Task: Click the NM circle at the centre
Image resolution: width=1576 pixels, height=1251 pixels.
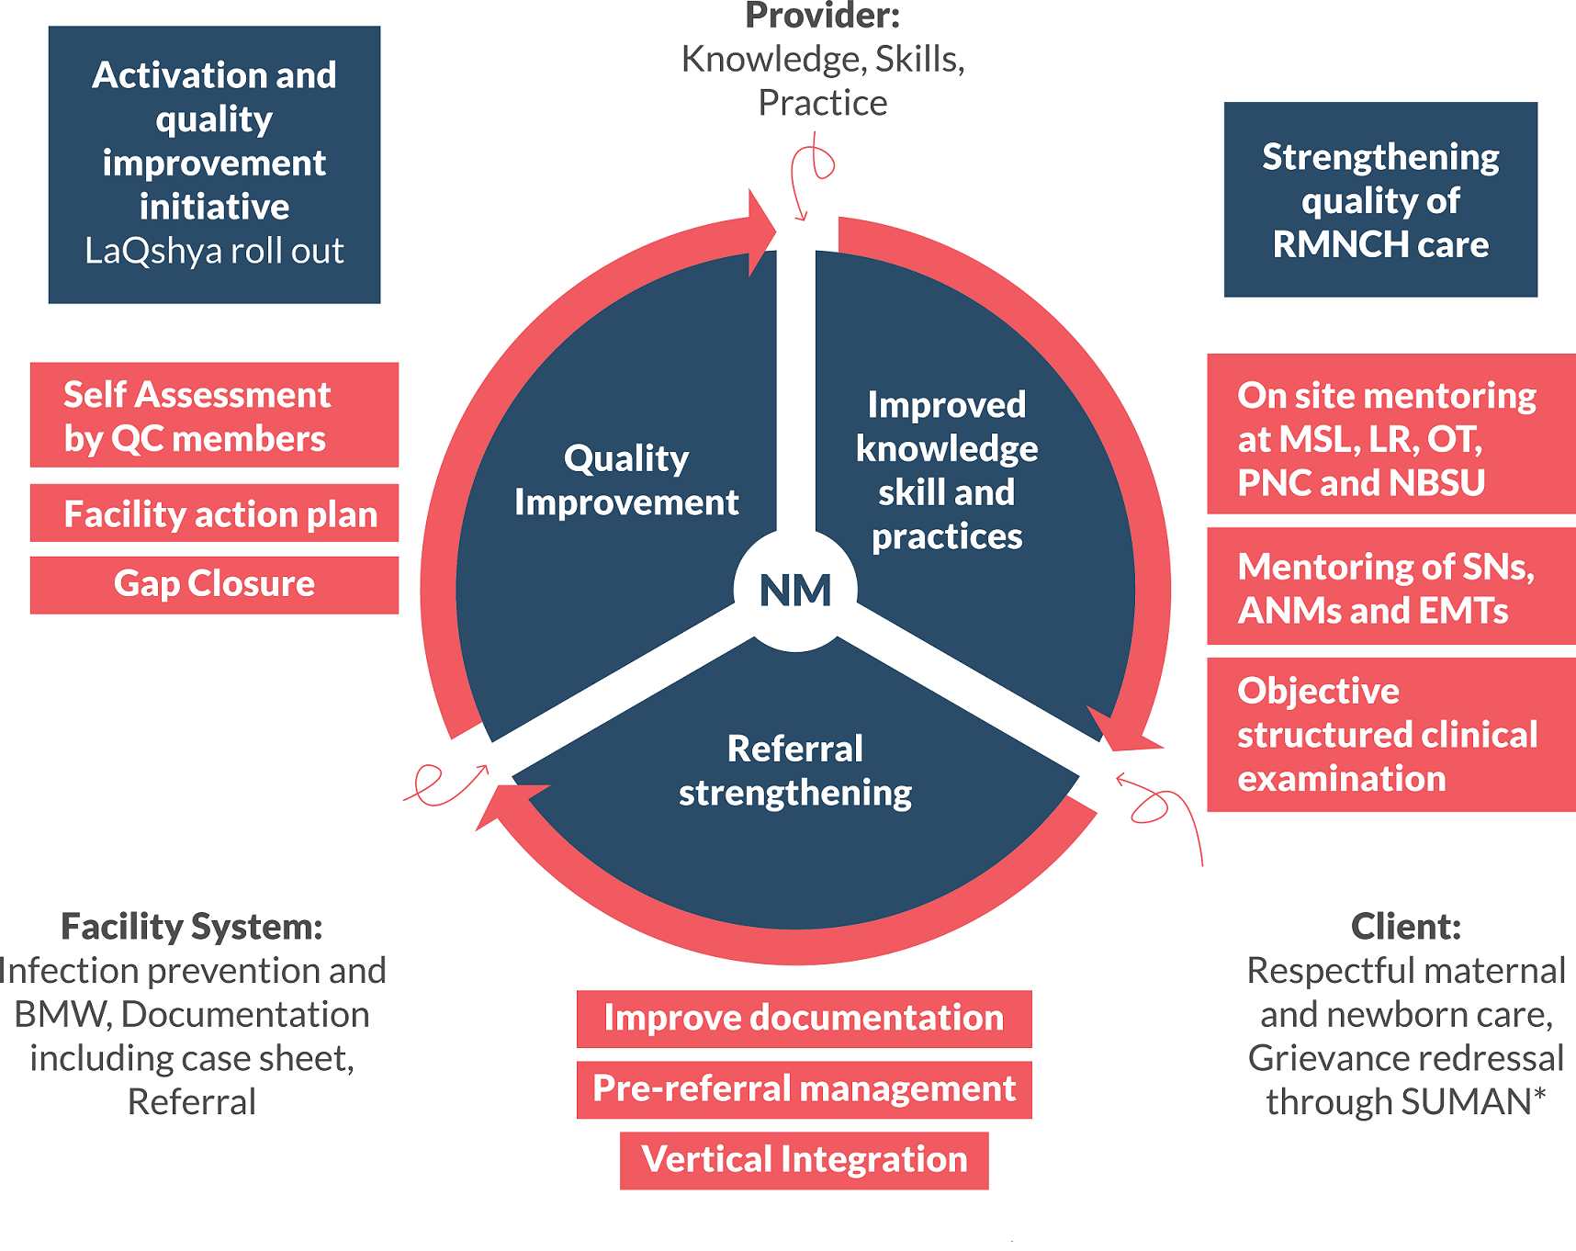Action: (x=795, y=591)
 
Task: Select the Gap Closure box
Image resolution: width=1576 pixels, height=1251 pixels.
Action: (x=214, y=584)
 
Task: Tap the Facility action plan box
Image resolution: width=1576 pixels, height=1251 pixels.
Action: (x=214, y=513)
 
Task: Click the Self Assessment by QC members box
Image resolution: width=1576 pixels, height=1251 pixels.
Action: (x=214, y=415)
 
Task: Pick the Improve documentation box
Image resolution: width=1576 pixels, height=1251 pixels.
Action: (x=804, y=1019)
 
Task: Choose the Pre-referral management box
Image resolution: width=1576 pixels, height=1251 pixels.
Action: (x=804, y=1089)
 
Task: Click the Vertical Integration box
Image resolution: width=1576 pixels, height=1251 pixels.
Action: (x=804, y=1160)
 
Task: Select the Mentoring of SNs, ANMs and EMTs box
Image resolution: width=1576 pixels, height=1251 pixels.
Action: (x=1390, y=588)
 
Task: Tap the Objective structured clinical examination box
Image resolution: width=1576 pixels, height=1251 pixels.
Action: (x=1390, y=735)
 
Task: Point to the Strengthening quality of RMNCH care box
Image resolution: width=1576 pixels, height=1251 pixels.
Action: (x=1379, y=200)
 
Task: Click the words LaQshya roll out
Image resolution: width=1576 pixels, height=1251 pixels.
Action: (x=214, y=251)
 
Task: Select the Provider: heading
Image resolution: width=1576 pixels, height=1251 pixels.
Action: (x=822, y=17)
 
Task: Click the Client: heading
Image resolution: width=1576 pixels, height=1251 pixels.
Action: (x=1405, y=927)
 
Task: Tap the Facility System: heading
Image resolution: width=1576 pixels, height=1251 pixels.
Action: (x=191, y=927)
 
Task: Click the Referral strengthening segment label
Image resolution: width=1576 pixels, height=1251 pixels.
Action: (x=795, y=771)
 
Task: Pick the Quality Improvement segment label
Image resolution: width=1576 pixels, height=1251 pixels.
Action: (x=626, y=480)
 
